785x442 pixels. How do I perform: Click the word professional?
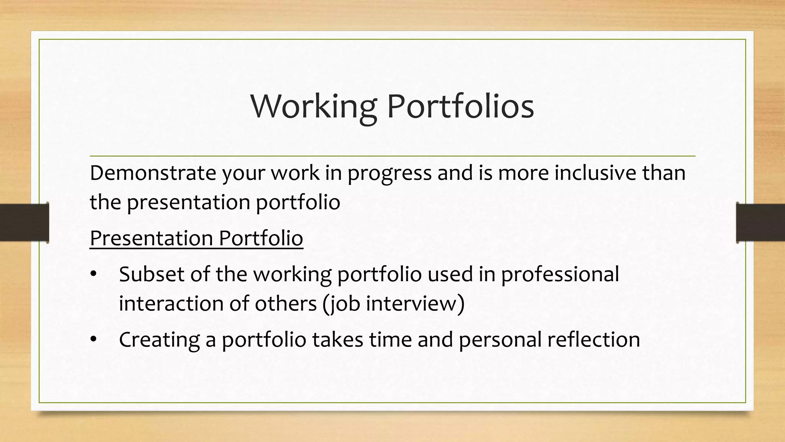(x=560, y=275)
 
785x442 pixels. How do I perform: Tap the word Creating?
(x=159, y=340)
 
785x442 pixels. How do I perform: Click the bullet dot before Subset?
(x=93, y=275)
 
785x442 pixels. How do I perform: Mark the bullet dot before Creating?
(x=93, y=340)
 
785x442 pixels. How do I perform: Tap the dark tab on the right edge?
(x=760, y=223)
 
